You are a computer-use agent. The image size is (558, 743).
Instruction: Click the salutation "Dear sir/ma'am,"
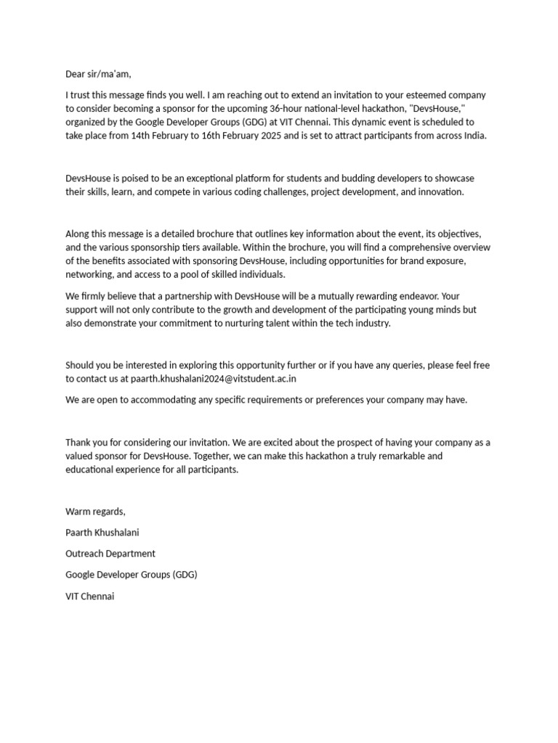click(99, 74)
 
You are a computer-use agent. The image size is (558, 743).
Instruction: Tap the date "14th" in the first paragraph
click(142, 136)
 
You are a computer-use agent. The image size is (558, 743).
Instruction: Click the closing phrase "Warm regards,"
click(95, 512)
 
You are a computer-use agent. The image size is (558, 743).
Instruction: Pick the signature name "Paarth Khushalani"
click(102, 533)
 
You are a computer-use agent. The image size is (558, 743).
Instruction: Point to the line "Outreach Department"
click(110, 554)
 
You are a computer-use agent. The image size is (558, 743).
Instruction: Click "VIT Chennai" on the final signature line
click(90, 596)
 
